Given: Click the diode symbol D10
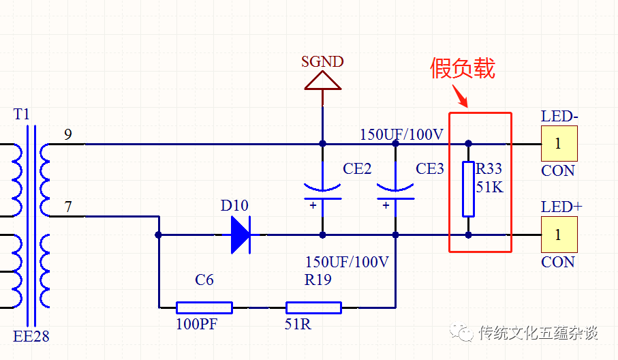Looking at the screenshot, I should (x=240, y=235).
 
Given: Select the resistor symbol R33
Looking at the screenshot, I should (x=468, y=189).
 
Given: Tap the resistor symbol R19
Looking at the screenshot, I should (x=313, y=307).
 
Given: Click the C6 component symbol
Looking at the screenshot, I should (x=204, y=307).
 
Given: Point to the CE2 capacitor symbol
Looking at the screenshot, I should (x=322, y=193).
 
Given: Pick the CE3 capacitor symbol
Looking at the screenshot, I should (x=395, y=193).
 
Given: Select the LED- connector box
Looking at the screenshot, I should (x=559, y=143).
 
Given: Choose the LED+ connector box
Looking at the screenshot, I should (x=559, y=235).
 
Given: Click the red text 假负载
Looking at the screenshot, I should (x=463, y=68).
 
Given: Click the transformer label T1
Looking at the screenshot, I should (x=22, y=114).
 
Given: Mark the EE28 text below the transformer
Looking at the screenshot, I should (x=31, y=336).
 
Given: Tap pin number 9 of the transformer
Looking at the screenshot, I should (x=67, y=134).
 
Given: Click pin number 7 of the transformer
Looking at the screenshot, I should (x=67, y=206).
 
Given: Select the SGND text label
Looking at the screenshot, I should (x=322, y=62).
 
